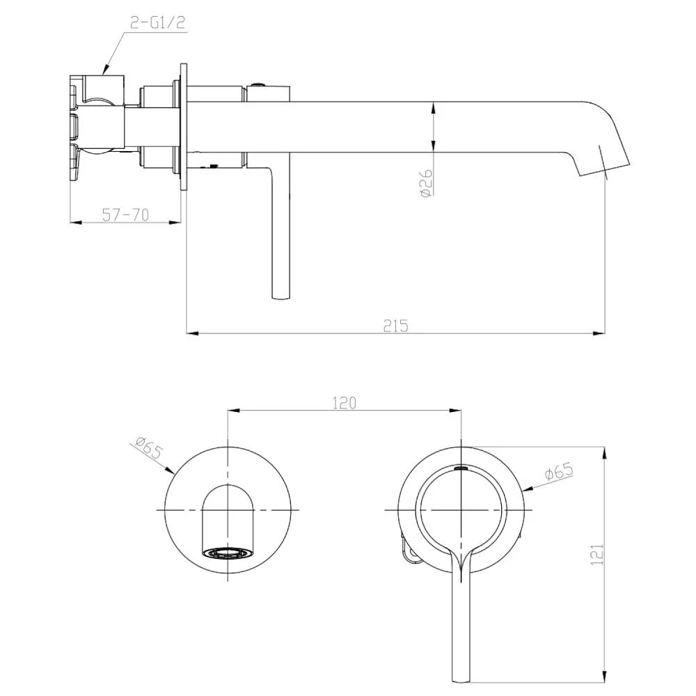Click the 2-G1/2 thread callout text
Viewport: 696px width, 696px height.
(x=157, y=23)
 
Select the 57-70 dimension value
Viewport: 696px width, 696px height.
(x=125, y=215)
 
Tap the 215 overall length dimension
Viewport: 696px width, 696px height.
(x=395, y=326)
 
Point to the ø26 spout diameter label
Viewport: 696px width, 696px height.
(x=426, y=182)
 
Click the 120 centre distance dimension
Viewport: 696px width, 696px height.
(x=345, y=403)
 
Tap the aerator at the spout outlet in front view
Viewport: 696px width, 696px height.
(x=228, y=553)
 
